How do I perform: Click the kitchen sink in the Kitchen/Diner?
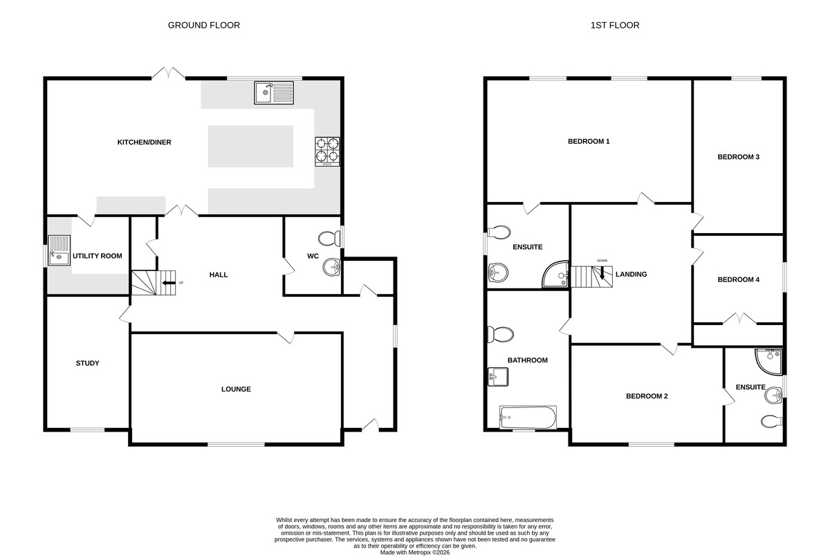coord(274,93)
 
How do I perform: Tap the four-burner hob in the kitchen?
coord(327,151)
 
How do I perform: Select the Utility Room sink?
coord(59,250)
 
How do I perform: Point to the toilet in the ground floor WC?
coord(329,238)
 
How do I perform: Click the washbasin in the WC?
coord(331,267)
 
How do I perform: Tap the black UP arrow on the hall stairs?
coord(169,283)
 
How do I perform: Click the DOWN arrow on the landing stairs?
coord(602,273)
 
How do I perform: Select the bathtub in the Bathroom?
coord(528,417)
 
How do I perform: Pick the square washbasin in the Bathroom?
coord(498,377)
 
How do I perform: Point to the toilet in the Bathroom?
coord(500,335)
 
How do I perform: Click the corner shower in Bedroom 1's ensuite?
coord(556,275)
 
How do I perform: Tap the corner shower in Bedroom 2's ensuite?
coord(769,361)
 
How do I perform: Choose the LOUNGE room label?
coord(236,389)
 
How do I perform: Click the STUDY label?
coord(87,363)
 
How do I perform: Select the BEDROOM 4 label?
coord(739,279)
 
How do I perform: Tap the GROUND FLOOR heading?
coord(204,25)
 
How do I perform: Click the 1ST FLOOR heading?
coord(615,25)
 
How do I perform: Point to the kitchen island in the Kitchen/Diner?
coord(250,147)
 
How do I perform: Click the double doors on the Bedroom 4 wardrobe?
coord(739,319)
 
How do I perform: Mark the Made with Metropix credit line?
coord(414,553)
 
